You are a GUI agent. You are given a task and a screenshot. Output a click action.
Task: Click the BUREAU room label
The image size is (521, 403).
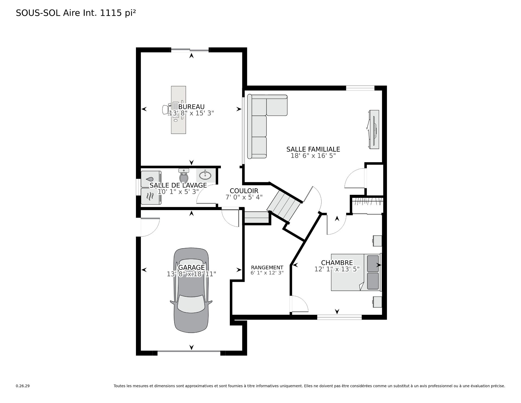191,107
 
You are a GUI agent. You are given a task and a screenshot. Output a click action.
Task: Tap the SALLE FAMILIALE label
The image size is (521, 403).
313,149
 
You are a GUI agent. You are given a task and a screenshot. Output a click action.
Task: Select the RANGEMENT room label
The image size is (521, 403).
267,268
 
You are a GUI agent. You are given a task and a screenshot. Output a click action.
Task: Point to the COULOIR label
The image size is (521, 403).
244,191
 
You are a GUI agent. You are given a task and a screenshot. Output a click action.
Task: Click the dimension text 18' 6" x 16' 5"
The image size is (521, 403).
313,156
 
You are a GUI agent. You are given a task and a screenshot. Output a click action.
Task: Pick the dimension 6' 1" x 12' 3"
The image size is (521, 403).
267,273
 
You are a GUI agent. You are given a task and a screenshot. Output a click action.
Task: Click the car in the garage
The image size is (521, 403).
191,290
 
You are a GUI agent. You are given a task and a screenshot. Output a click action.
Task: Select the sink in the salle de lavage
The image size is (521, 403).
206,175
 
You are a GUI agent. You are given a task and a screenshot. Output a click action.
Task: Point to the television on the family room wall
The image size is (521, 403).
374,129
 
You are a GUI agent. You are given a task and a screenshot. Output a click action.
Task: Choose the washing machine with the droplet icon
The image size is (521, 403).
151,179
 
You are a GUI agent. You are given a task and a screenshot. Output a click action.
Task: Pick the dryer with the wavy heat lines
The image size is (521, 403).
151,196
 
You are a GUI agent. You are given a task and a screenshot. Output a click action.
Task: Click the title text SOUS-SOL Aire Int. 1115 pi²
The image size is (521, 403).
76,13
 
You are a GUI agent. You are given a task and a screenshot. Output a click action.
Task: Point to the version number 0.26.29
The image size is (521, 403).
23,386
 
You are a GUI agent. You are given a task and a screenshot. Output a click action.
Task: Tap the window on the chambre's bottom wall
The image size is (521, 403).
339,317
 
